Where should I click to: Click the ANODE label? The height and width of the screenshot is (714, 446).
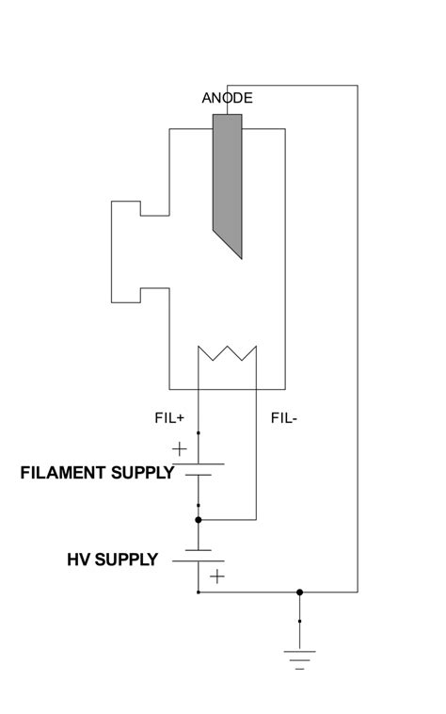click(x=228, y=98)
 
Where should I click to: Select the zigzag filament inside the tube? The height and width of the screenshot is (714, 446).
click(x=227, y=355)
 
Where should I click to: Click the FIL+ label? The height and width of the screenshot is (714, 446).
click(x=169, y=416)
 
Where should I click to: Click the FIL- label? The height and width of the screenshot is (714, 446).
click(x=284, y=416)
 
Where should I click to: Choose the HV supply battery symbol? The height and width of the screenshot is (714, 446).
click(x=198, y=556)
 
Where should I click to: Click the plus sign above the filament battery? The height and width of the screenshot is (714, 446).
click(x=180, y=449)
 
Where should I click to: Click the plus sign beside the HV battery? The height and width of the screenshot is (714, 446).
click(x=217, y=576)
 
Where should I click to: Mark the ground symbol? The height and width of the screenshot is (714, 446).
click(x=299, y=657)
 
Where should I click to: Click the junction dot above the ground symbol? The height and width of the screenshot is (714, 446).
click(x=299, y=592)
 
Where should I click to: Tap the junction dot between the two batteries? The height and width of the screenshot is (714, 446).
click(x=198, y=519)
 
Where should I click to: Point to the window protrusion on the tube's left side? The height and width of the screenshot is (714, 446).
click(x=126, y=252)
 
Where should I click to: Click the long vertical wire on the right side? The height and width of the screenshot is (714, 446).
click(x=358, y=339)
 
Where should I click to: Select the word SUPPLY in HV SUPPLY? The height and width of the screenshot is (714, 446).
click(x=126, y=560)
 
